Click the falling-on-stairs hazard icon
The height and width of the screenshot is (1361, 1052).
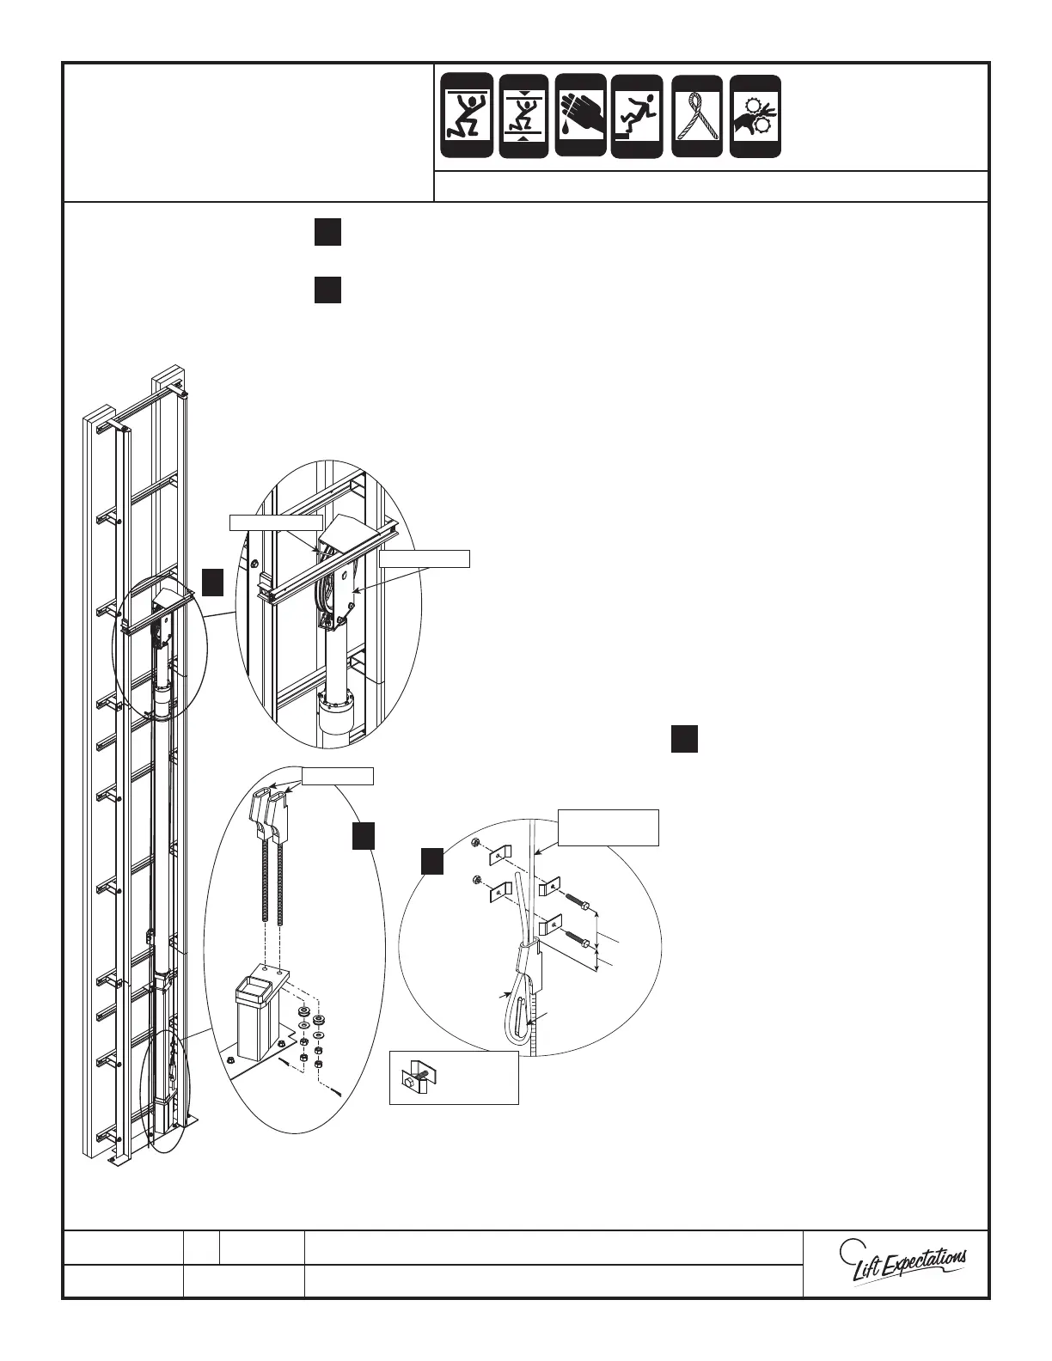click(637, 116)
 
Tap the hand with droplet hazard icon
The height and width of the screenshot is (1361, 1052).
click(581, 115)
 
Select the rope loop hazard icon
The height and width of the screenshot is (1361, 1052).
click(696, 116)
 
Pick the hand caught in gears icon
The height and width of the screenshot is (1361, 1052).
click(755, 116)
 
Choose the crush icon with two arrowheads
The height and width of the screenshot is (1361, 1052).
click(523, 116)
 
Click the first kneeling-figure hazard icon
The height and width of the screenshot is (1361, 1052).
click(467, 116)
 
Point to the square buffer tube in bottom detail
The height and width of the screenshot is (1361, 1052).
click(260, 1014)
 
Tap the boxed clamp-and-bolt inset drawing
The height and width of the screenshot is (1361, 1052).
click(454, 1077)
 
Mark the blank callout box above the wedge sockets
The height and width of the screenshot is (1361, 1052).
click(336, 776)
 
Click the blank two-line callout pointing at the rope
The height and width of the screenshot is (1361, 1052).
click(609, 827)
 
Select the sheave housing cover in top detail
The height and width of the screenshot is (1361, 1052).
click(342, 533)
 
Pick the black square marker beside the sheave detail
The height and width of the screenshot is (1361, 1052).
click(213, 583)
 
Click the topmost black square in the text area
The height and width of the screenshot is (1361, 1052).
click(327, 233)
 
